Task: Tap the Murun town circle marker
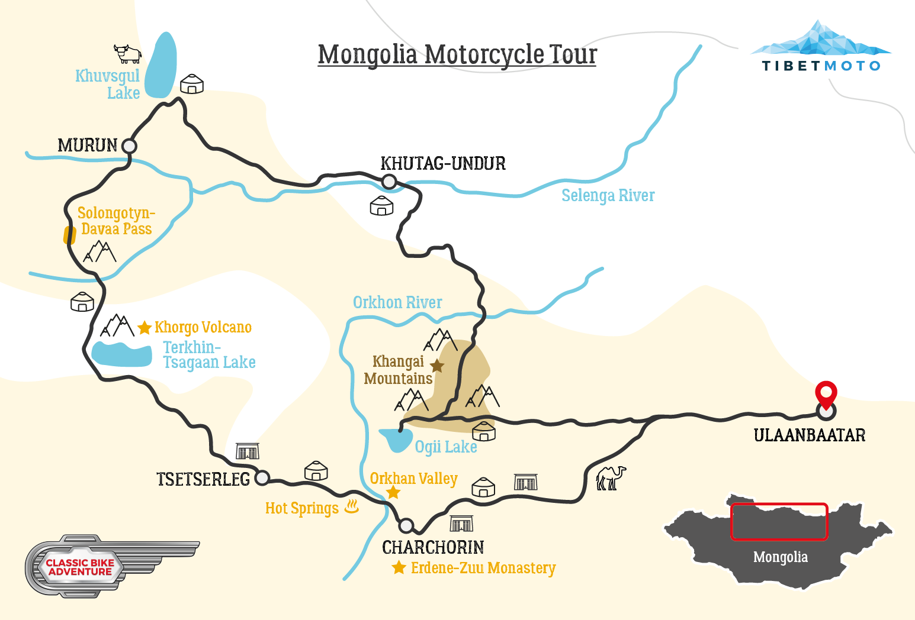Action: pyautogui.click(x=129, y=146)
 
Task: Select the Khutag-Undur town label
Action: pyautogui.click(x=443, y=163)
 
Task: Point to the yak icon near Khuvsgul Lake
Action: pyautogui.click(x=127, y=53)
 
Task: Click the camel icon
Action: pyautogui.click(x=611, y=477)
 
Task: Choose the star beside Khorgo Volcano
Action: pyautogui.click(x=145, y=327)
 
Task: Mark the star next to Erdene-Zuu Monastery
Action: pyautogui.click(x=399, y=567)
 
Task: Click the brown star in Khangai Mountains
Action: pyautogui.click(x=437, y=366)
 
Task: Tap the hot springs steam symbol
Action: pyautogui.click(x=352, y=506)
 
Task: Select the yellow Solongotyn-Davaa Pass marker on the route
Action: pyautogui.click(x=70, y=235)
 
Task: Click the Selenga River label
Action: pyautogui.click(x=608, y=195)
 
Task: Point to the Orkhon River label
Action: pyautogui.click(x=397, y=302)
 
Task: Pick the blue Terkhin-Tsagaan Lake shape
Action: pyautogui.click(x=121, y=354)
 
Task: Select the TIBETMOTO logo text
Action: pyautogui.click(x=821, y=66)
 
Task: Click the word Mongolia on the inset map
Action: pyautogui.click(x=780, y=557)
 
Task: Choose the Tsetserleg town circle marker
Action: pyautogui.click(x=262, y=477)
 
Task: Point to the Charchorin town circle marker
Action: pyautogui.click(x=406, y=525)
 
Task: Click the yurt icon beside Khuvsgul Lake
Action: pyautogui.click(x=191, y=84)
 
